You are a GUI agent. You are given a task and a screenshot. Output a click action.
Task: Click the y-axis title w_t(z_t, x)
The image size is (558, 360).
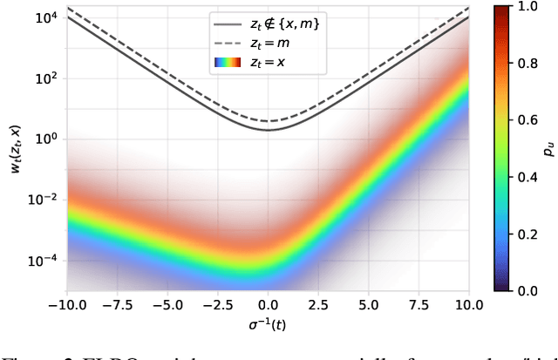(x=14, y=147)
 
